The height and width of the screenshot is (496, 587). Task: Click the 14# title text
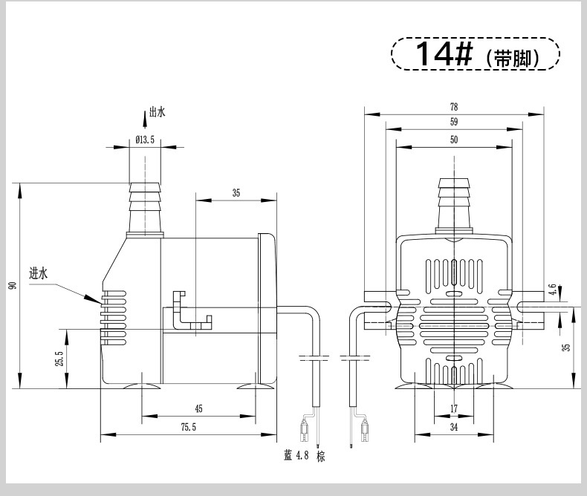click(x=444, y=54)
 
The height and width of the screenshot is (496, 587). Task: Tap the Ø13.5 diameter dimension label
click(x=145, y=140)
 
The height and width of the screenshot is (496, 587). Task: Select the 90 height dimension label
click(x=13, y=285)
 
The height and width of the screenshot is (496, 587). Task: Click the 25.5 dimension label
click(x=59, y=359)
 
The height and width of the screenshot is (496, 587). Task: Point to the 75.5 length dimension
click(x=188, y=427)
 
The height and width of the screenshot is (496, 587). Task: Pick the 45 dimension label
click(x=198, y=408)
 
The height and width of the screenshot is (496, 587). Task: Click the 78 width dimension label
click(x=454, y=107)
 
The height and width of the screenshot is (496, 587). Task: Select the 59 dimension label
click(x=454, y=122)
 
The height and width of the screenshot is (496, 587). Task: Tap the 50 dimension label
click(x=454, y=140)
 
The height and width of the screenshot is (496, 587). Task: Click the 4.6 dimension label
click(x=552, y=289)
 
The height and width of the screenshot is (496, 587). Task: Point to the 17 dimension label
click(x=454, y=408)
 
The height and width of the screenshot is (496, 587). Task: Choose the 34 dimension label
click(x=454, y=427)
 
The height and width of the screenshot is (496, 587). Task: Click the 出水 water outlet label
click(x=158, y=112)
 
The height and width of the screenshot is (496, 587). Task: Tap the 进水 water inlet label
click(x=38, y=273)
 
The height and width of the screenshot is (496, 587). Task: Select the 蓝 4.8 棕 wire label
click(x=305, y=456)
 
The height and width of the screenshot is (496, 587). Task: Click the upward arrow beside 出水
click(x=145, y=120)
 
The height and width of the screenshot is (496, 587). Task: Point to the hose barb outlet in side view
click(x=145, y=210)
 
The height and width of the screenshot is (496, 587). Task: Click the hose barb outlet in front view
click(x=454, y=206)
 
